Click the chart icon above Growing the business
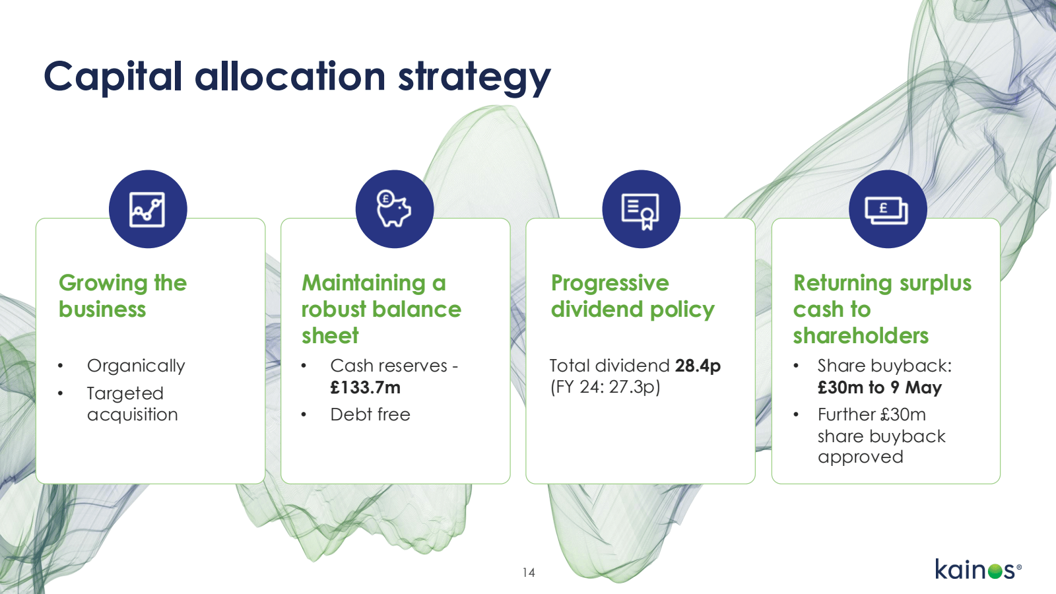point(148,209)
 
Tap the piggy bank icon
point(393,209)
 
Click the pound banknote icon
point(887,211)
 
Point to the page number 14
point(529,573)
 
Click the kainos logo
point(977,569)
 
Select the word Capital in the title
point(113,77)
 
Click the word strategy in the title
point(475,79)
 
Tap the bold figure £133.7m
point(366,387)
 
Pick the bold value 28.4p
point(698,366)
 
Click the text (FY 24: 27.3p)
point(605,387)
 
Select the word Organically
point(136,366)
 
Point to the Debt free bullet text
point(370,414)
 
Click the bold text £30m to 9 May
point(880,387)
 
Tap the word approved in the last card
point(861,457)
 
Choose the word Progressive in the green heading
point(610,284)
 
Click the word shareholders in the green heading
point(861,336)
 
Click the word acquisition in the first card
point(133,415)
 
